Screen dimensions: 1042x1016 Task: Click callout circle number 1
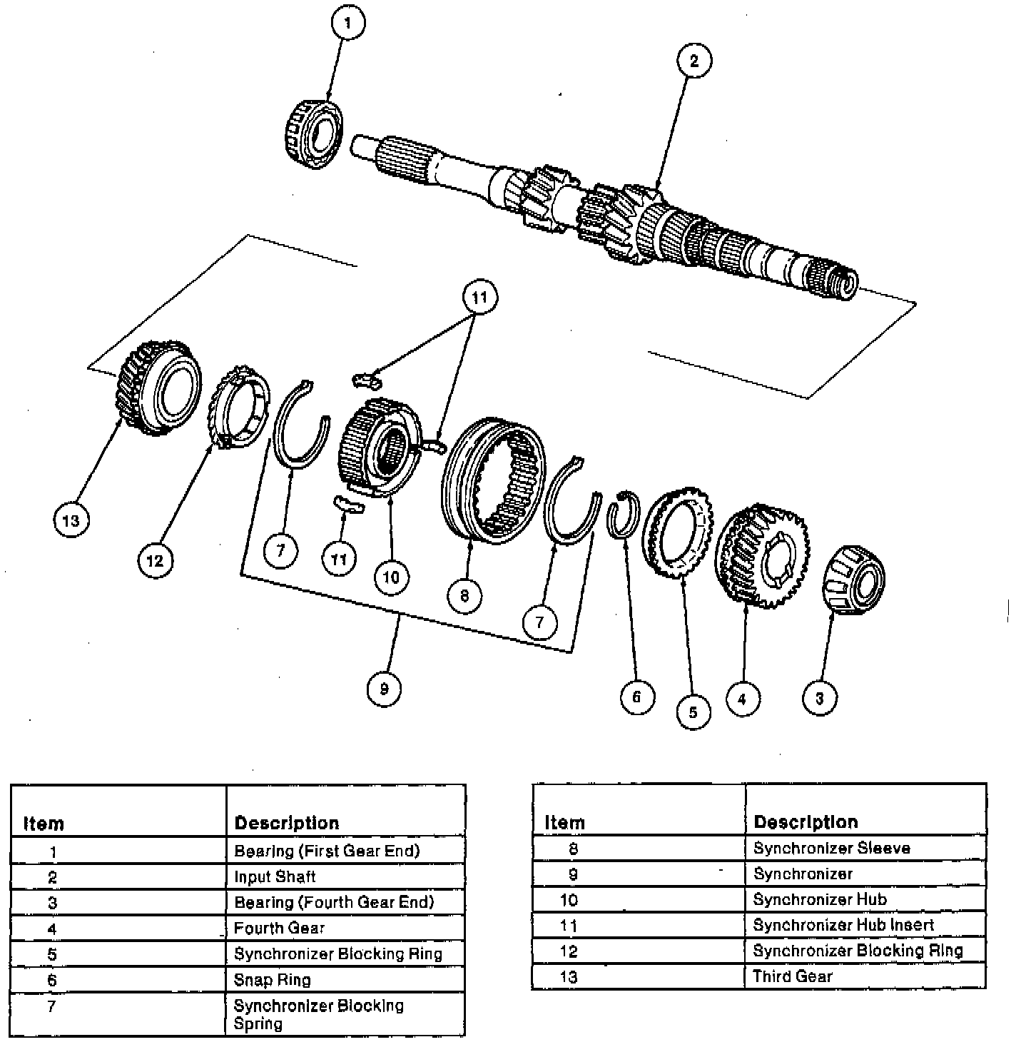pyautogui.click(x=347, y=24)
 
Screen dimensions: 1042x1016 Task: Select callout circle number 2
pyautogui.click(x=694, y=60)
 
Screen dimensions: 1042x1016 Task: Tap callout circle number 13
pyautogui.click(x=71, y=520)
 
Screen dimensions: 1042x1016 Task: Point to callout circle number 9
pyautogui.click(x=384, y=689)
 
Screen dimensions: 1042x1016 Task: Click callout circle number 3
pyautogui.click(x=819, y=698)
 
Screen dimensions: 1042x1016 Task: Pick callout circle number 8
pyautogui.click(x=464, y=595)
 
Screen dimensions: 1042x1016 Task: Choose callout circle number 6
pyautogui.click(x=636, y=696)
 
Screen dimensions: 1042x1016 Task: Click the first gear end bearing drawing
pyautogui.click(x=315, y=134)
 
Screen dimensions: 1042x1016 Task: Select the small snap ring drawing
pyautogui.click(x=623, y=512)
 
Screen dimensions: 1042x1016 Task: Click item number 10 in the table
pyautogui.click(x=568, y=900)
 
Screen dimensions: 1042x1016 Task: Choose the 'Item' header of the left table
pyautogui.click(x=44, y=824)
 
